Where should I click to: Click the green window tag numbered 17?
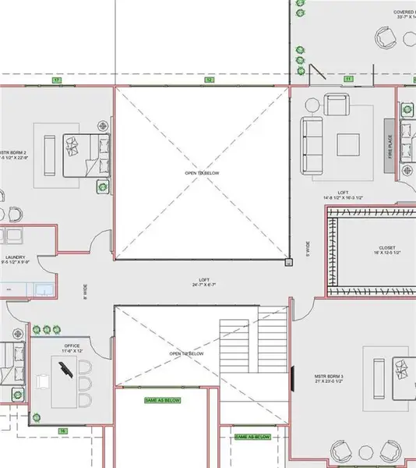(56, 80)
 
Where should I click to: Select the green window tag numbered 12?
(209, 80)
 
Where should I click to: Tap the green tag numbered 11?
(347, 80)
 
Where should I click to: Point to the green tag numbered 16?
(62, 430)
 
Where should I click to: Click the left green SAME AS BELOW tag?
(163, 400)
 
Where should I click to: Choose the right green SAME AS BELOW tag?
(252, 438)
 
